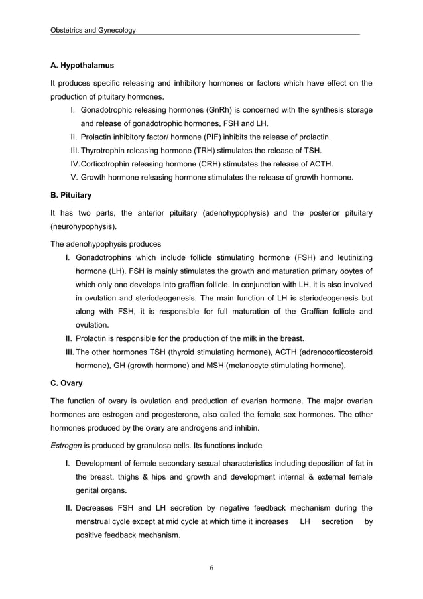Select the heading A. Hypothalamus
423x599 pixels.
click(x=82, y=66)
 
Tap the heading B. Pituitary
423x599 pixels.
click(x=71, y=196)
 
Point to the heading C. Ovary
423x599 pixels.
click(x=66, y=383)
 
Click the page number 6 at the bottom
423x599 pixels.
click(x=211, y=567)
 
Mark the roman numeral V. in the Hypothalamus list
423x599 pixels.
click(x=74, y=177)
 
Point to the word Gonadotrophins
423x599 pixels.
click(x=109, y=257)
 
